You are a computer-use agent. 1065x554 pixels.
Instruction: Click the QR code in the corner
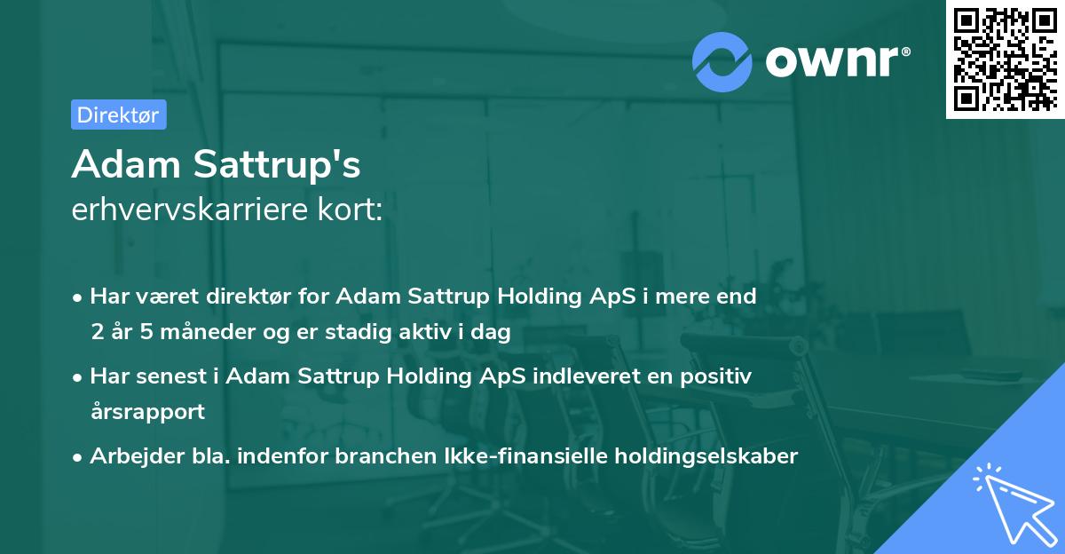pyautogui.click(x=1005, y=59)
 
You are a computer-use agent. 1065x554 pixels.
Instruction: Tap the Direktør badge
pyautogui.click(x=118, y=115)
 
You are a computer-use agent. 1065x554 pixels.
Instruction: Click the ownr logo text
pyautogui.click(x=837, y=60)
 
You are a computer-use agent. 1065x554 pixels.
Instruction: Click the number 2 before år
pyautogui.click(x=96, y=332)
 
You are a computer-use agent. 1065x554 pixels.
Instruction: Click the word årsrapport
pyautogui.click(x=147, y=412)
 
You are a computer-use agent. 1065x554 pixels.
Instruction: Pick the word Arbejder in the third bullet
pyautogui.click(x=130, y=456)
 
